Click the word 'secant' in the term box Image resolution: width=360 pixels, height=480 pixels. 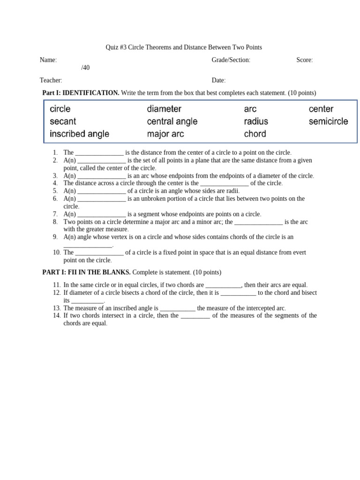click(x=63, y=121)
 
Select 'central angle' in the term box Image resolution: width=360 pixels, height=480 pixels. click(x=172, y=121)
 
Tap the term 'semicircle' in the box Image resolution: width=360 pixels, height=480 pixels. click(x=328, y=121)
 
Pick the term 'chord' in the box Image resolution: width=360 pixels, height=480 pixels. click(x=255, y=134)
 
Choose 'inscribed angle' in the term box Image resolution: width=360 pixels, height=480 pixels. click(x=79, y=134)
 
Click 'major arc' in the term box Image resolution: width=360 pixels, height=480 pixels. click(x=165, y=134)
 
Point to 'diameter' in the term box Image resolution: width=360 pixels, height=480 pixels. click(x=164, y=109)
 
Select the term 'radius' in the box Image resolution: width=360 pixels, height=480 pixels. click(x=256, y=121)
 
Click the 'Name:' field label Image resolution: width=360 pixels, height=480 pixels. click(x=48, y=60)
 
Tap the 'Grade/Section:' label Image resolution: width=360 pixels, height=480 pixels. click(x=231, y=60)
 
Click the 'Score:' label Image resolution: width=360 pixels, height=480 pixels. click(x=305, y=60)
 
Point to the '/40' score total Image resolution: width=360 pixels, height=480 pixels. click(x=85, y=68)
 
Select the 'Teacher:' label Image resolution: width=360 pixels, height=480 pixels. click(x=51, y=81)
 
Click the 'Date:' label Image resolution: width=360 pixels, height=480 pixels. click(x=218, y=81)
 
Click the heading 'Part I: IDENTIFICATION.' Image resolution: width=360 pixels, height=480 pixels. click(x=81, y=93)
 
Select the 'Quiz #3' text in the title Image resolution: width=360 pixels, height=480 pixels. click(x=116, y=47)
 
